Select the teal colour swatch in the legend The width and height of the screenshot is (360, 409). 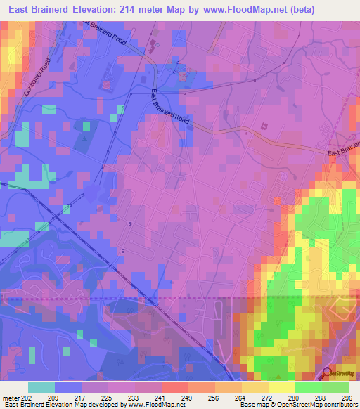tap(41, 387)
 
